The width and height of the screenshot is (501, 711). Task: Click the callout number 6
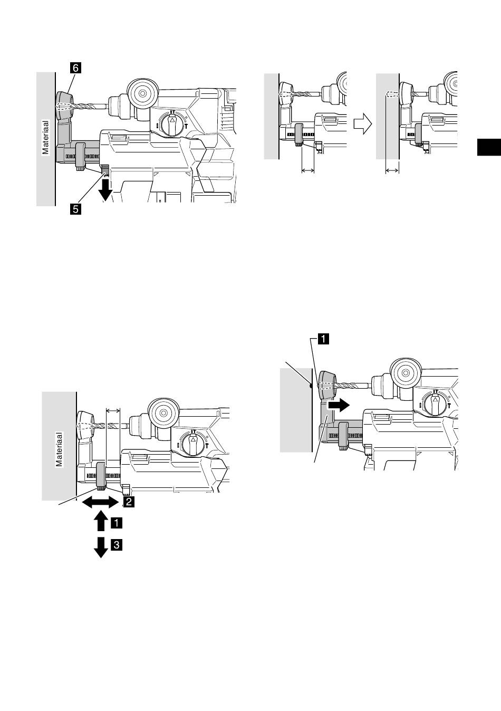coord(76,68)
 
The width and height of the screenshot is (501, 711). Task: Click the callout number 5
coord(76,209)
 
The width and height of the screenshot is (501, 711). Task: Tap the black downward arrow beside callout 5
coord(105,191)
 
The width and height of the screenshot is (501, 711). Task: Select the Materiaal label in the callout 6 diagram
coord(46,137)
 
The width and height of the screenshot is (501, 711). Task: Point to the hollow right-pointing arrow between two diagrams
coord(363,124)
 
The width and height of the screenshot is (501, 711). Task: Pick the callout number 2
coord(129,502)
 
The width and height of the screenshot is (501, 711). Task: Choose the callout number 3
coord(117,545)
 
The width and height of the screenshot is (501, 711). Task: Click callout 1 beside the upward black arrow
coord(117,523)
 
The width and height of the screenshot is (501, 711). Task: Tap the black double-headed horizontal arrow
coord(101,503)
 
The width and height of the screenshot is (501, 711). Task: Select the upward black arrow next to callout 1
coord(101,521)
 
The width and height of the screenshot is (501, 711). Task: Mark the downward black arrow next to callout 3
coord(101,547)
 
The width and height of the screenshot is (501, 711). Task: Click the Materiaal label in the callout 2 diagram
coord(60,449)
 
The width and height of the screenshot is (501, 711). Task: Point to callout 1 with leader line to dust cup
coord(323,339)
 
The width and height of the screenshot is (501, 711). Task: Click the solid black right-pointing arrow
coord(339,405)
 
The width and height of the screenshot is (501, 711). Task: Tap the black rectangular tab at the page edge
coord(489,147)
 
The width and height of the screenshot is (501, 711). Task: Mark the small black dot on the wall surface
coord(311,386)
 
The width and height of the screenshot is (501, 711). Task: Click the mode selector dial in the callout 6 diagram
coord(172,124)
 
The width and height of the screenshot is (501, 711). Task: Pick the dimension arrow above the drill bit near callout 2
coord(113,411)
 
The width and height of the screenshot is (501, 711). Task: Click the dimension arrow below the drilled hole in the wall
coord(392,171)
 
